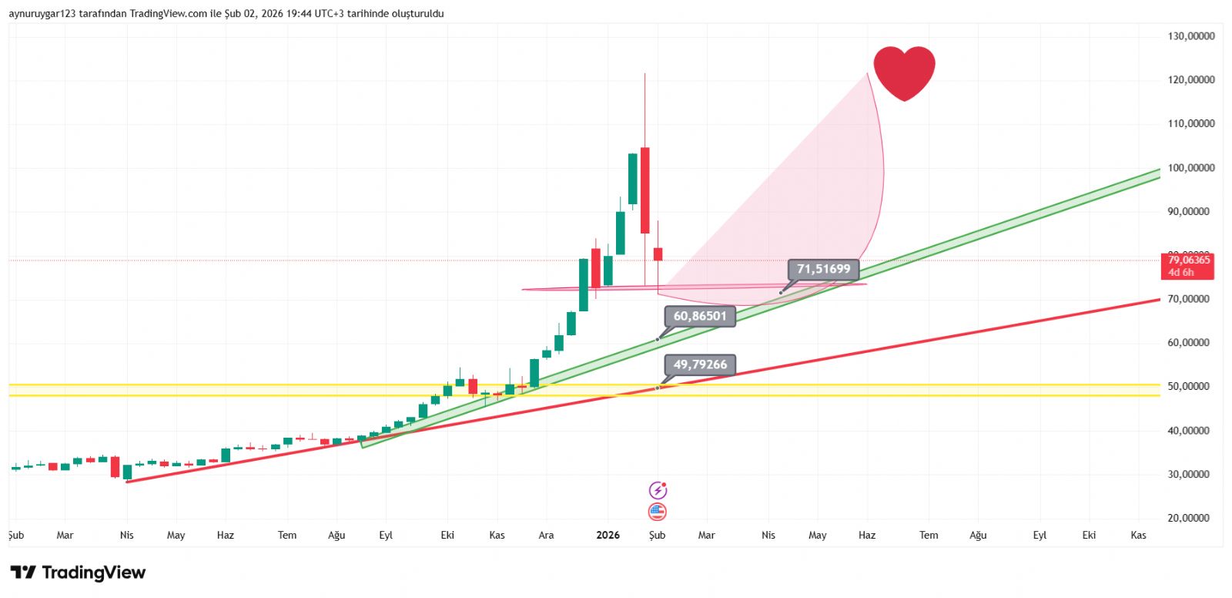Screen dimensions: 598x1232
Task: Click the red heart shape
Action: [x=904, y=71]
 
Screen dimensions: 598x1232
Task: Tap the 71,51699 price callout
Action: [x=823, y=269]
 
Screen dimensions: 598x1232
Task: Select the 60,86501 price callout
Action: [x=700, y=316]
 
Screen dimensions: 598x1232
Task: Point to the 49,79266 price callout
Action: [x=700, y=365]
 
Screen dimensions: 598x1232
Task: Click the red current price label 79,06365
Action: [x=1189, y=266]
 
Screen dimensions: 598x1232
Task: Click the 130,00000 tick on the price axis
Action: [x=1190, y=36]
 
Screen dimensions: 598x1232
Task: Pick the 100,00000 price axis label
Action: [x=1190, y=168]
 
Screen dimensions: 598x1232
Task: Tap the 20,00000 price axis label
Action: [x=1190, y=518]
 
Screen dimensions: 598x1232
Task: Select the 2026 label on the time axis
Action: [x=608, y=535]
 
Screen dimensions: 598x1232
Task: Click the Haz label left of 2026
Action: [x=226, y=535]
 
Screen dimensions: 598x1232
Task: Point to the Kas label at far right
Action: [x=1138, y=535]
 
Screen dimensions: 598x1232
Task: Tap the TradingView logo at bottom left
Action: [x=78, y=573]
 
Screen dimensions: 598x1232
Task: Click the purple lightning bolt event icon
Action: [x=658, y=490]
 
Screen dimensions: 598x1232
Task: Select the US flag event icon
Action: [x=658, y=512]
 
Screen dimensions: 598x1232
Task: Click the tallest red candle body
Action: [x=645, y=190]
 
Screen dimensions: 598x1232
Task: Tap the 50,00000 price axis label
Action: [x=1190, y=386]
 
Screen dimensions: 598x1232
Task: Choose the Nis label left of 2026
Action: [x=127, y=535]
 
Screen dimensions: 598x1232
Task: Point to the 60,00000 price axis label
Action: [x=1190, y=343]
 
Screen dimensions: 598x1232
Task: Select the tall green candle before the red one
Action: [x=633, y=179]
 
